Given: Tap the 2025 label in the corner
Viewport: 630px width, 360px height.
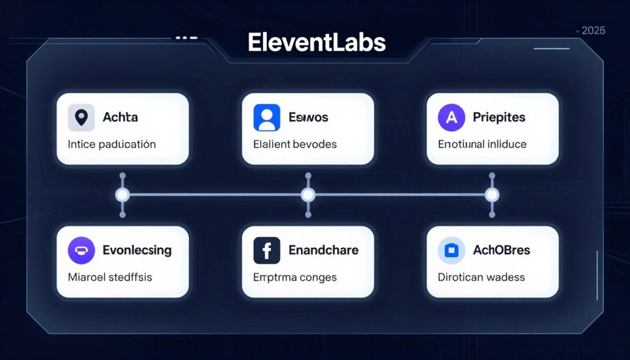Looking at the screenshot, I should tap(593, 31).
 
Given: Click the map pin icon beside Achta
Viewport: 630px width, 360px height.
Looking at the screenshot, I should tap(81, 118).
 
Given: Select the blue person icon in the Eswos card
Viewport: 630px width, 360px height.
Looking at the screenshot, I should tap(267, 118).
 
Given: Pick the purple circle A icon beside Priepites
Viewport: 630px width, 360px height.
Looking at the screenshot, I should tap(451, 118).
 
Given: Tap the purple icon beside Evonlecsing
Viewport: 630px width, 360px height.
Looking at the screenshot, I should tap(81, 251).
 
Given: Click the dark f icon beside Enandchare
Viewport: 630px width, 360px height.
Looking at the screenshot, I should tap(267, 251).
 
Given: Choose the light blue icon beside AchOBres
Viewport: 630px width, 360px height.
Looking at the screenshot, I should tap(451, 251).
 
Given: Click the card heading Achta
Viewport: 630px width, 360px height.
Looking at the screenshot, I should tap(120, 117).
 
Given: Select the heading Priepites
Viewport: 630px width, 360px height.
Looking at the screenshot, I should tap(499, 117).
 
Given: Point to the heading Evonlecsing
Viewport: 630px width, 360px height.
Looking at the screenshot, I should tap(137, 250).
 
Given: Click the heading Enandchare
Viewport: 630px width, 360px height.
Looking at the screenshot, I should tap(323, 250).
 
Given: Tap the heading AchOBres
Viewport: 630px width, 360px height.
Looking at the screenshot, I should tap(501, 250).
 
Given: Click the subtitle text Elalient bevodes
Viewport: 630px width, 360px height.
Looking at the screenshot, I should tap(295, 144).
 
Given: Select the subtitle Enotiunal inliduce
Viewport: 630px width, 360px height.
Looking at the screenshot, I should tap(482, 144).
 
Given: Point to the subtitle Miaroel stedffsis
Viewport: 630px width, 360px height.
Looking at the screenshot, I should tap(110, 277).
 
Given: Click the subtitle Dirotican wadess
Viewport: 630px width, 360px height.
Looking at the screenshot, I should tap(481, 277).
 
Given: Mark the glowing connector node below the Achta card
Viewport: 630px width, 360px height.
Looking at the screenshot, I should tap(123, 195).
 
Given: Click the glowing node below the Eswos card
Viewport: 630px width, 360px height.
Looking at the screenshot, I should tap(308, 195).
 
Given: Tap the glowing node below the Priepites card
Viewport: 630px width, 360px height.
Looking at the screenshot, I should tap(492, 195).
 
